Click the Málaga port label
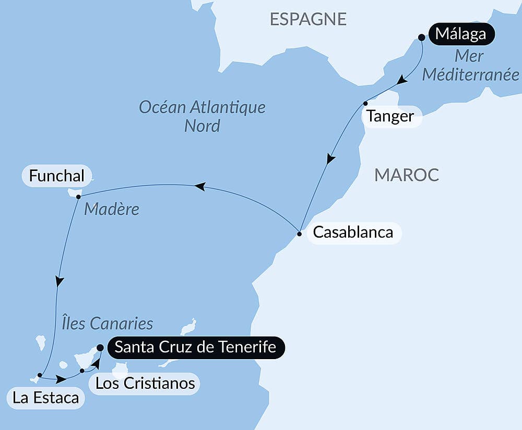(461, 35)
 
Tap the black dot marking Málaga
(422, 37)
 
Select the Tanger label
(390, 116)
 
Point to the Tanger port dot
(365, 103)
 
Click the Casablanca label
(353, 232)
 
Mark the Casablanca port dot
(299, 234)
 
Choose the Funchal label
(56, 176)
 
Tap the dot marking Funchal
(78, 197)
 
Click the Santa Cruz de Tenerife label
(195, 347)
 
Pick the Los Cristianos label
(145, 384)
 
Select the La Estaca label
(46, 398)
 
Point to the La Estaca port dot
(40, 375)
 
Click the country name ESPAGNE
(308, 19)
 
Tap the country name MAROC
(407, 175)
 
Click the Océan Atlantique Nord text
(202, 116)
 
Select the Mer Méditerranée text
(470, 65)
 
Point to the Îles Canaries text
(104, 323)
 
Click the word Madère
(112, 209)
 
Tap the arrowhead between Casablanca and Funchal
(199, 187)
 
